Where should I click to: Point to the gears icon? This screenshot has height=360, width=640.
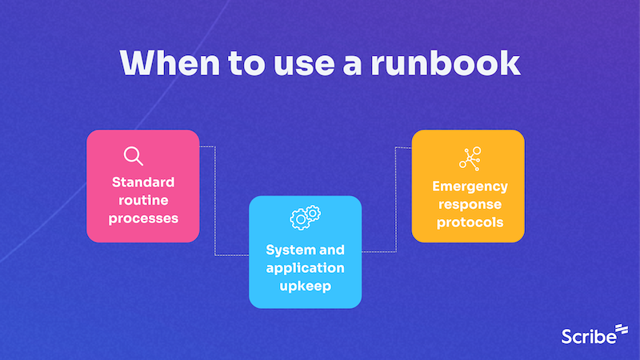point(306,216)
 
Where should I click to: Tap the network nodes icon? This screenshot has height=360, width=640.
point(469,158)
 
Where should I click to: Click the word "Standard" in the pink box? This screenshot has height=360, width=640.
point(143,181)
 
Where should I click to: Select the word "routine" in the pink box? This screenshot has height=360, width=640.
point(143,199)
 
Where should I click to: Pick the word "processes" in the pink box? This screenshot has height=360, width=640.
point(143,218)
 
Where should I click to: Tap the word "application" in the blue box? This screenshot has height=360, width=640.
point(306,267)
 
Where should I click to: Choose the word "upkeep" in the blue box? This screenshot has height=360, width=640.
point(306,286)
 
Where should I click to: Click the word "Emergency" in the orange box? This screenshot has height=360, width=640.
point(470,186)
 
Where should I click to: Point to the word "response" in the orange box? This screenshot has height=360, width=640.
point(470,204)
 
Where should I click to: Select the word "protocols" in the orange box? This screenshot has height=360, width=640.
point(470,222)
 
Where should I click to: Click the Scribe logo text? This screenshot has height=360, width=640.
point(588,335)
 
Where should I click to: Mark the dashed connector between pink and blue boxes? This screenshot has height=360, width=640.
point(215,200)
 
